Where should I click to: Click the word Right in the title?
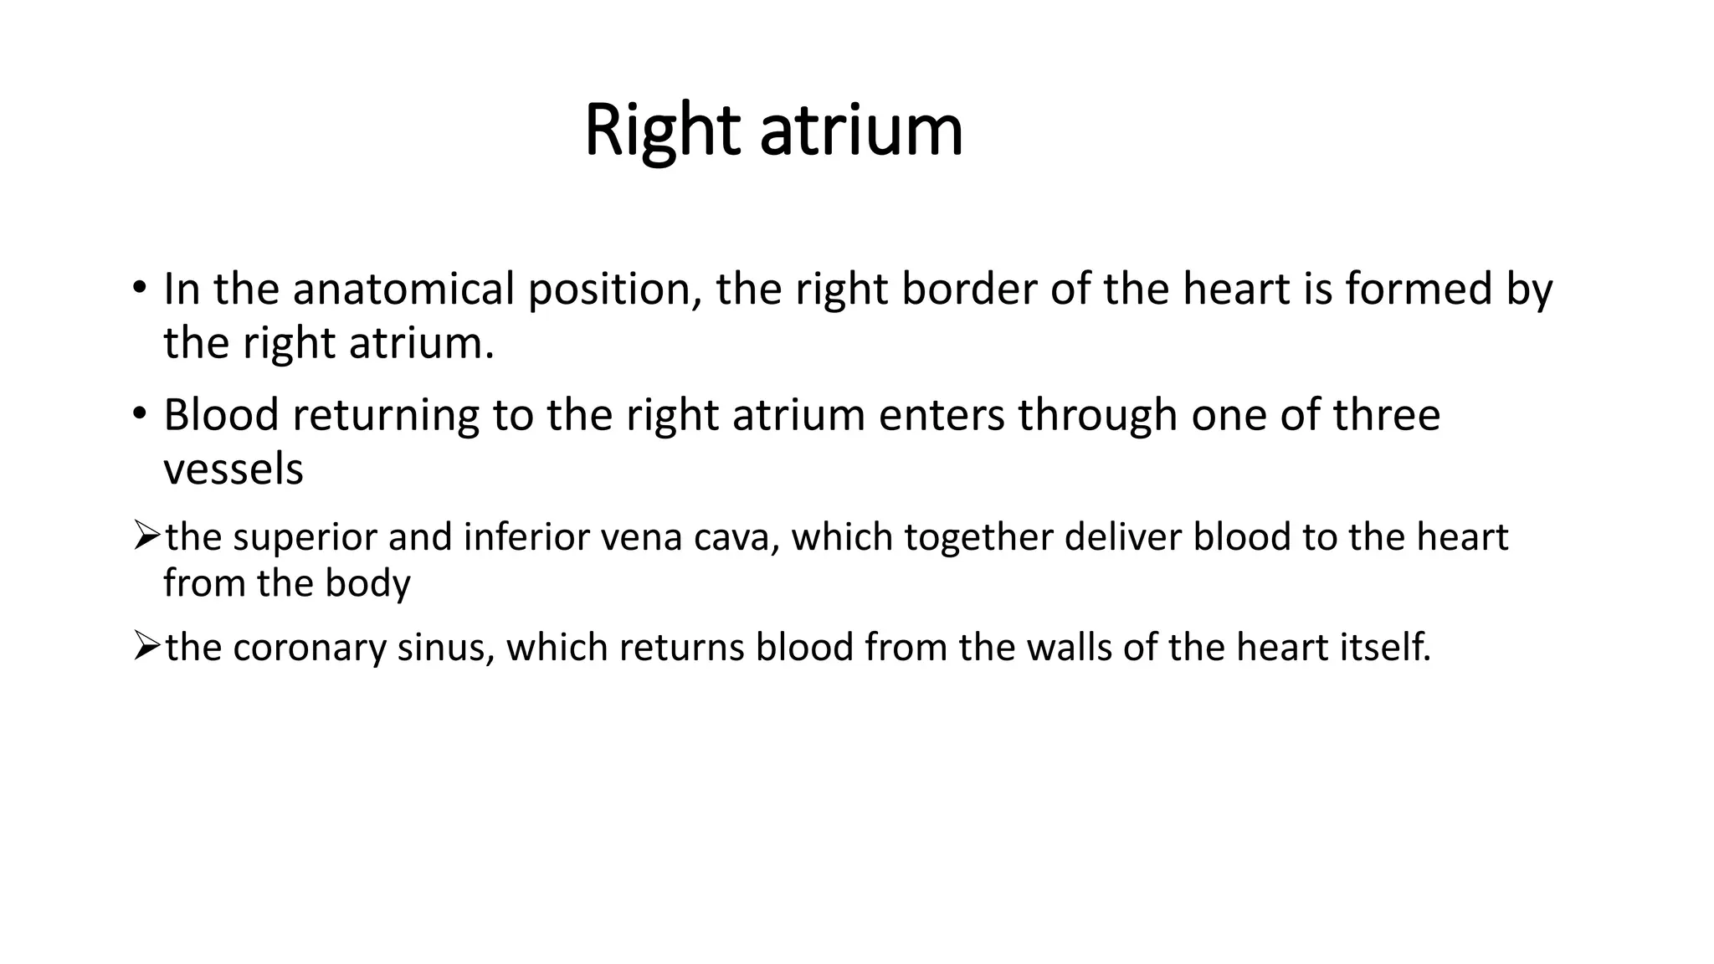coord(661,131)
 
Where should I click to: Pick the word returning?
coord(385,415)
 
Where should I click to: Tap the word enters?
coord(941,415)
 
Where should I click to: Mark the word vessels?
coord(233,469)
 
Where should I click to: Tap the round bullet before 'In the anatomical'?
coord(139,289)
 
